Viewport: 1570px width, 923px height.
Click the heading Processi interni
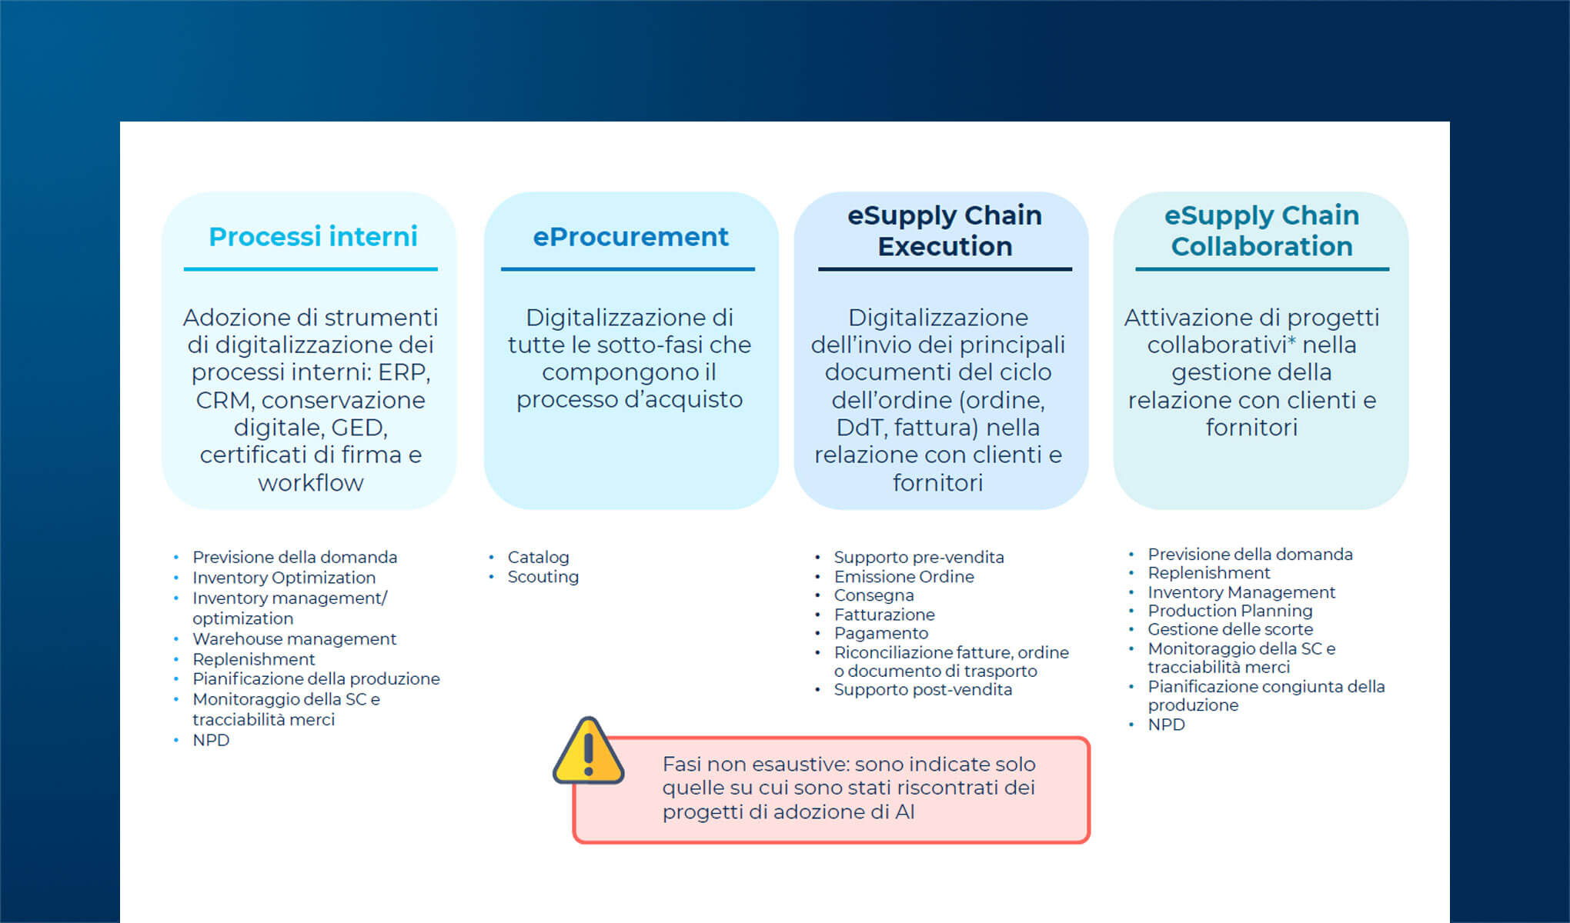pyautogui.click(x=312, y=236)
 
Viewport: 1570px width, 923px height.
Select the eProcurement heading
pyautogui.click(x=630, y=237)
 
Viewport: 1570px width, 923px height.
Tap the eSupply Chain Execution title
pyautogui.click(x=944, y=231)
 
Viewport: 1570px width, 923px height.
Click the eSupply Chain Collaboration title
pyautogui.click(x=1261, y=231)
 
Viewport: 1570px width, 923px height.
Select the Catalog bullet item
pyautogui.click(x=538, y=557)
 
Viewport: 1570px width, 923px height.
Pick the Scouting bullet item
pyautogui.click(x=543, y=577)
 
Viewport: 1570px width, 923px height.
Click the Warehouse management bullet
pyautogui.click(x=294, y=638)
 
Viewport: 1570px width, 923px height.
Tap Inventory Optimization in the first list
pyautogui.click(x=283, y=578)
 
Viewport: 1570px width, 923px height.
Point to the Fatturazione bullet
pyautogui.click(x=884, y=615)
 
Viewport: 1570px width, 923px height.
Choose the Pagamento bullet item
pyautogui.click(x=881, y=633)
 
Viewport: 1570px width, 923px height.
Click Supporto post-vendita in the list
pyautogui.click(x=923, y=690)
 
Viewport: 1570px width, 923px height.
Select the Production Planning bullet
pyautogui.click(x=1230, y=611)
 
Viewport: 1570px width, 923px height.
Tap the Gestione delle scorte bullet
pyautogui.click(x=1230, y=629)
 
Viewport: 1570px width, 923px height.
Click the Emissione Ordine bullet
pyautogui.click(x=904, y=577)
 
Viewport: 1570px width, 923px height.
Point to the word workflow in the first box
pyautogui.click(x=310, y=483)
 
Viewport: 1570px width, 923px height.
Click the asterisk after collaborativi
pyautogui.click(x=1291, y=340)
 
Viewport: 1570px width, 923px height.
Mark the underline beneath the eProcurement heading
pyautogui.click(x=627, y=269)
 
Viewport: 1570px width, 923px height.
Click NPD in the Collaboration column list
pyautogui.click(x=1166, y=725)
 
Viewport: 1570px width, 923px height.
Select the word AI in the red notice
pyautogui.click(x=904, y=812)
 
